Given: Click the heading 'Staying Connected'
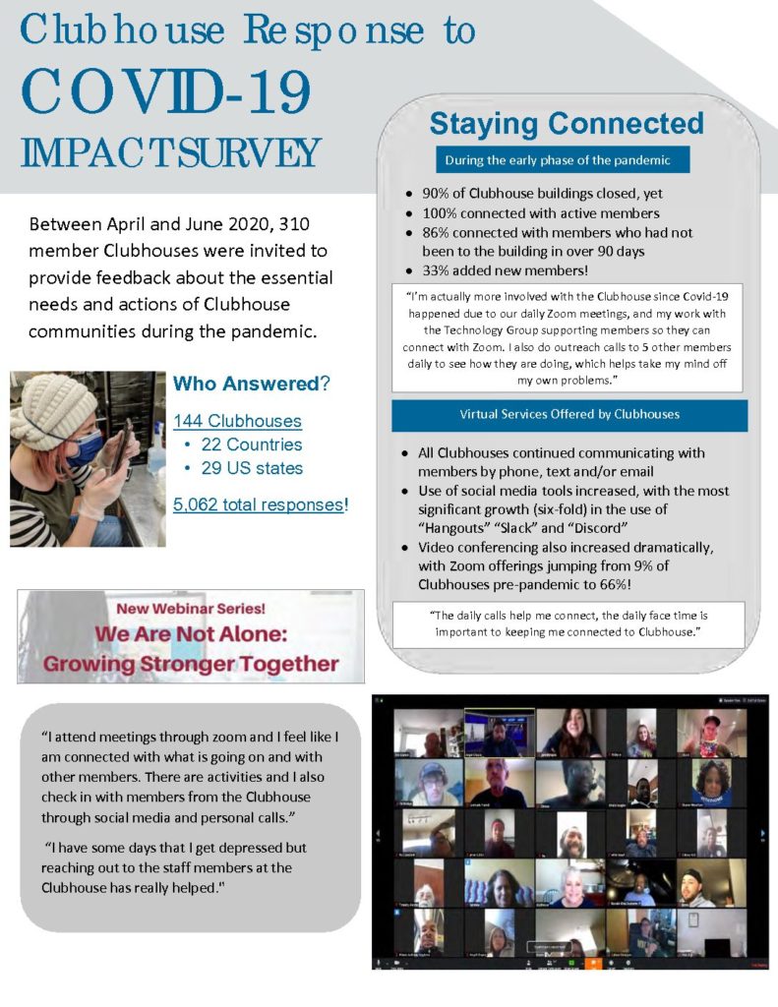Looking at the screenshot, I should coord(567,124).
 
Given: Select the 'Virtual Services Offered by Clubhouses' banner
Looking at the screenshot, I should coord(569,415).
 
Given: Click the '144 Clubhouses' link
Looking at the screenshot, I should coord(237,421).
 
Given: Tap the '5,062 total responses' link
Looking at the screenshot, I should coord(259,505).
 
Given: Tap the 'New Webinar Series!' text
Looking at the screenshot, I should coord(192,608).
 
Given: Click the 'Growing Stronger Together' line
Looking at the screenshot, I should coord(191,664).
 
